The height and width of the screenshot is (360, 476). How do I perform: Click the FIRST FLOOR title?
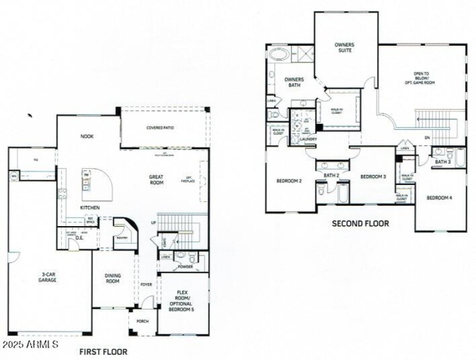tap(103, 352)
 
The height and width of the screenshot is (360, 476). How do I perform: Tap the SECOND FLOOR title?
tap(361, 224)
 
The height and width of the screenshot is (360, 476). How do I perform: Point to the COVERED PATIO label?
tap(164, 128)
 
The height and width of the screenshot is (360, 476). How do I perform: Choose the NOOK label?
tap(87, 136)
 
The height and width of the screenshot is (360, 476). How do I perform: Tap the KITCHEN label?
tap(90, 208)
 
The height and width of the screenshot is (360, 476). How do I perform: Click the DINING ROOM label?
tap(112, 278)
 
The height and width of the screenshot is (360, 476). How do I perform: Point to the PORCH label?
tap(143, 321)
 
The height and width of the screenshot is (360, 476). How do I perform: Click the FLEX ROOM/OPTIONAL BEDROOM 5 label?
tap(183, 301)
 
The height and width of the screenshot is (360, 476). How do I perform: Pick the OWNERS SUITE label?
tap(345, 47)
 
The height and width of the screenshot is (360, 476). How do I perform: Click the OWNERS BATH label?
tap(294, 82)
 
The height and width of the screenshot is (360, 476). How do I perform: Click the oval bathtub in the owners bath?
tap(278, 55)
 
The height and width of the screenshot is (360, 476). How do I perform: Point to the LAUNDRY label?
tap(308, 139)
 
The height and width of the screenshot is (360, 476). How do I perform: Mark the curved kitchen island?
tap(99, 181)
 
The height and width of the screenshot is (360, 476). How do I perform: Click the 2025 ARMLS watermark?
tap(30, 345)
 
